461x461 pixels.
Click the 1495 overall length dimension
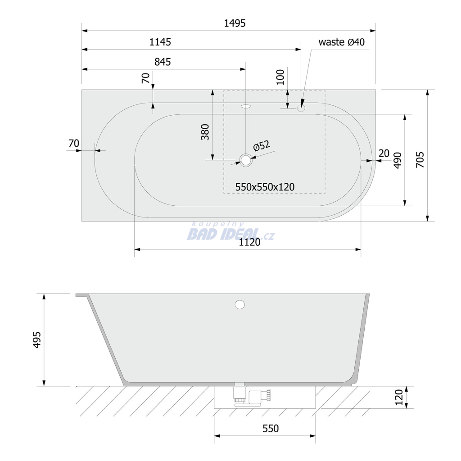(235, 23)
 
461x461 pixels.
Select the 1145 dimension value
(160, 42)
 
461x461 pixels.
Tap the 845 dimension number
(162, 62)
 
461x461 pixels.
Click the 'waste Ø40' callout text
(341, 42)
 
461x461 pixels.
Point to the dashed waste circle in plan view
(301, 108)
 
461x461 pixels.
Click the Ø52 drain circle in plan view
(245, 160)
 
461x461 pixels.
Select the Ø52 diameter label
(261, 145)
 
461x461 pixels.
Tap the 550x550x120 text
(265, 187)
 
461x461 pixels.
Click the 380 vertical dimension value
(205, 132)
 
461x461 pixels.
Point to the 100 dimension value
(280, 77)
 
